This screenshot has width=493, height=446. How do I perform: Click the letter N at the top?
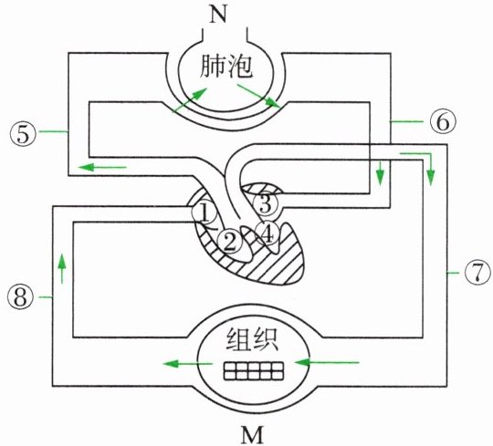tap(218, 15)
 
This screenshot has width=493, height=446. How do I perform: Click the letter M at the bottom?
tap(253, 435)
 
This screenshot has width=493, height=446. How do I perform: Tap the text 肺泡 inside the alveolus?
tap(226, 67)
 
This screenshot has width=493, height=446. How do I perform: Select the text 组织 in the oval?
tap(252, 339)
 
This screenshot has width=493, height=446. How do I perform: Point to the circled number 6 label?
tap(443, 121)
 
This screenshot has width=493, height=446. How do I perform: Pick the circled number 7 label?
tap(477, 273)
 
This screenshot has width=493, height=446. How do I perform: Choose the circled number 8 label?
tap(20, 297)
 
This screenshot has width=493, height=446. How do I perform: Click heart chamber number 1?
tap(205, 213)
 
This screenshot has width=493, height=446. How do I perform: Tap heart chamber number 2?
tap(229, 241)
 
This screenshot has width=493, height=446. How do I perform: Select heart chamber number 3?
tap(266, 203)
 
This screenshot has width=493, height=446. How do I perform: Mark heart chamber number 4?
tap(267, 234)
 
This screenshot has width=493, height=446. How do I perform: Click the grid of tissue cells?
tap(254, 370)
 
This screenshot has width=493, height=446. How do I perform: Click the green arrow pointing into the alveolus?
tap(190, 100)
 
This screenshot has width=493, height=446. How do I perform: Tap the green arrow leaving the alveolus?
tap(258, 96)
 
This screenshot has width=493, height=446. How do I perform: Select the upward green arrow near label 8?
tap(62, 268)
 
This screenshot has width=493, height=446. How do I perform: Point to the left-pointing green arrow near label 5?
tap(102, 167)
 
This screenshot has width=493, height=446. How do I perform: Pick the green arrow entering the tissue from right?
tap(326, 363)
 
